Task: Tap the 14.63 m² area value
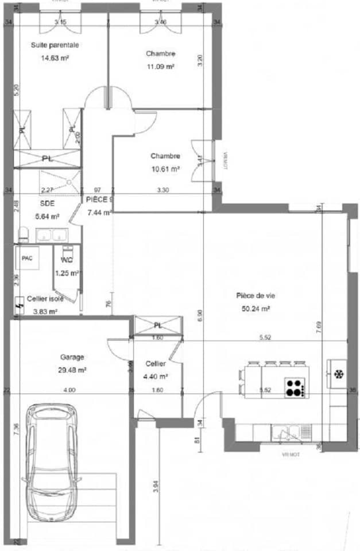point(55,57)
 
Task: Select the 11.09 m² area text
point(161,67)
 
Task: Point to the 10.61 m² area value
point(165,169)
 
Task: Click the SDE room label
point(47,203)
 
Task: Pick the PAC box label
point(27,258)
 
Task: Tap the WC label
point(67,260)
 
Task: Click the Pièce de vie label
point(256,296)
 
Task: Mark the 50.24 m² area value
point(256,308)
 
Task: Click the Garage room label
point(72,356)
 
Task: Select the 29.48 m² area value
point(72,370)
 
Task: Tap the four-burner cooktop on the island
point(295,387)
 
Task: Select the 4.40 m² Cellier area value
point(156,377)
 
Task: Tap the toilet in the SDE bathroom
point(24,234)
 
